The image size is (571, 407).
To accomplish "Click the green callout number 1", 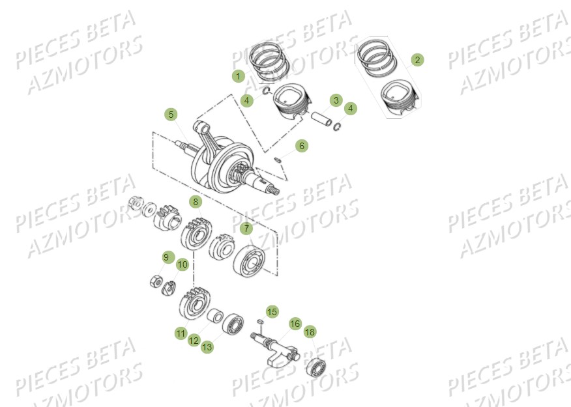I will click(x=238, y=76).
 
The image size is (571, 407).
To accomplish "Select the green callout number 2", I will click(x=417, y=60).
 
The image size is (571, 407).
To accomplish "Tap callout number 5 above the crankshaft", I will click(x=171, y=115).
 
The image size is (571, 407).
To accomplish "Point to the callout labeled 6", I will click(x=300, y=146).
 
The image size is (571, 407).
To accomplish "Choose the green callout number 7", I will click(x=246, y=228).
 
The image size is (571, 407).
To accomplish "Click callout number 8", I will click(x=195, y=201).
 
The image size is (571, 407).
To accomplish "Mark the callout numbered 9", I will click(x=166, y=258).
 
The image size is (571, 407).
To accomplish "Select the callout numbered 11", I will click(x=181, y=333).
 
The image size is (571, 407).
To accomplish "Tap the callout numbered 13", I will click(x=207, y=347).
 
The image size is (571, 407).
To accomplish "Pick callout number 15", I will click(x=272, y=312).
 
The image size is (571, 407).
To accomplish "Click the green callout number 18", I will click(x=309, y=331).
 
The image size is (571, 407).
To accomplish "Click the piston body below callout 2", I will click(x=399, y=98).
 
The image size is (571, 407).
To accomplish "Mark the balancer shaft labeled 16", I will click(x=277, y=345).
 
